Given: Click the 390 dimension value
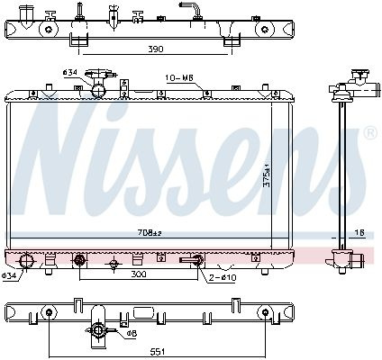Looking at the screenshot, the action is point(156,49).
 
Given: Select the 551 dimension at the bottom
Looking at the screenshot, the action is point(157,352).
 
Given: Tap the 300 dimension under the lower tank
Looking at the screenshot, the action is point(139,274).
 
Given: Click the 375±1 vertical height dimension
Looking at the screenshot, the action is point(267,175).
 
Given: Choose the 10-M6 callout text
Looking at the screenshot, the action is point(179,78).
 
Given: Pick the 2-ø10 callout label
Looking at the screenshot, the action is point(223,278).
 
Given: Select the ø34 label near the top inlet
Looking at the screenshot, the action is point(70,72).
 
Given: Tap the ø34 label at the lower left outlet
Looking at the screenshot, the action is point(9,274).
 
